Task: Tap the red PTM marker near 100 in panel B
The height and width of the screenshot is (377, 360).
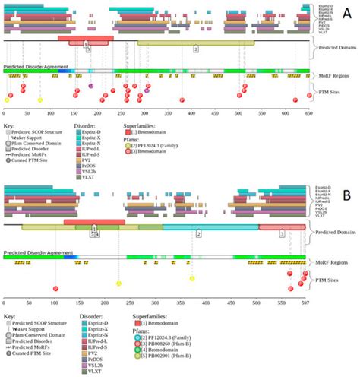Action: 55,288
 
